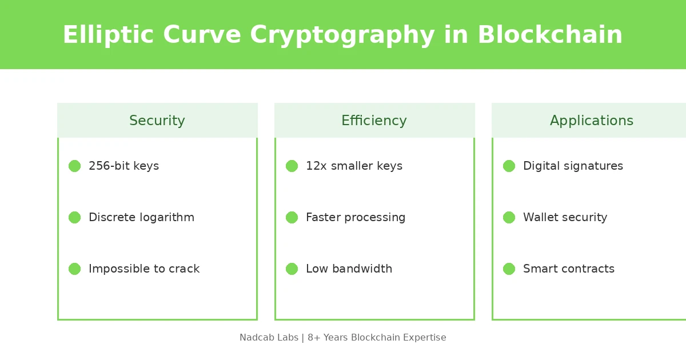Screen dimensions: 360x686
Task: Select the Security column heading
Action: [x=157, y=121]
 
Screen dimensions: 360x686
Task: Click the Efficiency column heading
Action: [x=374, y=121]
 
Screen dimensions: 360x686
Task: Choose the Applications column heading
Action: [x=592, y=121]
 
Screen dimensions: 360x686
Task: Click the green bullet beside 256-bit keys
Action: [x=75, y=166]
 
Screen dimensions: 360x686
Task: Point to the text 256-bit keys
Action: [x=123, y=166]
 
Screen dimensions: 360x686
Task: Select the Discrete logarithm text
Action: [x=141, y=218]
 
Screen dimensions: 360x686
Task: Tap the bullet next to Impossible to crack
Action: [x=75, y=269]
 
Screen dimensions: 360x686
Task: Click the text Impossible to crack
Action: [x=144, y=269]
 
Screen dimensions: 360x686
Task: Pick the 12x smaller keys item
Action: [x=354, y=166]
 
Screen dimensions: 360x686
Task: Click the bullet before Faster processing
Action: [x=292, y=218]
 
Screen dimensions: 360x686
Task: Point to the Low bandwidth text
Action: [x=349, y=269]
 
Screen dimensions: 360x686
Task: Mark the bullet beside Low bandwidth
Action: [x=292, y=269]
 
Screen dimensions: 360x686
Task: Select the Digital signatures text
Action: [x=573, y=166]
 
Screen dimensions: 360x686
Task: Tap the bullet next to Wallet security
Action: [x=509, y=218]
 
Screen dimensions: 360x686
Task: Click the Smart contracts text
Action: [x=569, y=269]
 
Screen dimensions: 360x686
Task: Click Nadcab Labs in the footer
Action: [x=269, y=338]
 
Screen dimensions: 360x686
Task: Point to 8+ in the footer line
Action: [x=314, y=338]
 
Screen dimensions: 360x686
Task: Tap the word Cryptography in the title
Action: [x=342, y=35]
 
